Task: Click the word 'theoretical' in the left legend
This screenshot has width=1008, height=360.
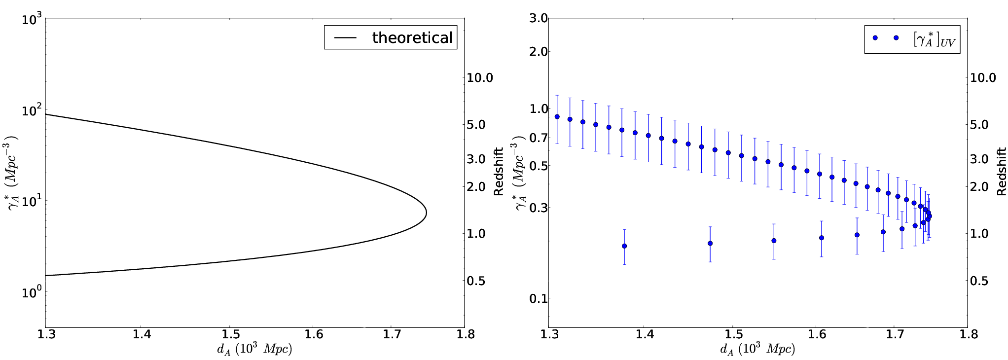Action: pos(412,37)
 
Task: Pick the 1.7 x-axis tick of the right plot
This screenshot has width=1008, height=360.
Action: pos(895,334)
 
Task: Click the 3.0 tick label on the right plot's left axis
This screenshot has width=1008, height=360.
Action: pos(539,18)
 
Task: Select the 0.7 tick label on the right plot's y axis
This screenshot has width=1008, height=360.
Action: pos(539,137)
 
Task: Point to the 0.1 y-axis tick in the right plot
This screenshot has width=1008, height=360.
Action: pos(539,298)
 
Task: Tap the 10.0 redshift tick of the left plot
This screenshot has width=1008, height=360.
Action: pos(480,77)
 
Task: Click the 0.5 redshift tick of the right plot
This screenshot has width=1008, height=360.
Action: pos(979,281)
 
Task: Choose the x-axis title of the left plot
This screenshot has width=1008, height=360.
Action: pos(254,349)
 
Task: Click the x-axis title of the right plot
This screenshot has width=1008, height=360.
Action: pos(758,349)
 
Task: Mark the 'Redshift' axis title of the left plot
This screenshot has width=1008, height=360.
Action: pos(499,171)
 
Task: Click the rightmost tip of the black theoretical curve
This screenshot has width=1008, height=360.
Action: pos(426,213)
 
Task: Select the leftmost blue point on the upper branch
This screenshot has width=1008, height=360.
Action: pos(557,117)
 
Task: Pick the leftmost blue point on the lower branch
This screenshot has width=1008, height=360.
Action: pos(624,246)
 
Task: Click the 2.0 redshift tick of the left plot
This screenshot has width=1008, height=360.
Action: pos(476,186)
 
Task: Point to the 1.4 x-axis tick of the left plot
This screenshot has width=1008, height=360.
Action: pos(142,334)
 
